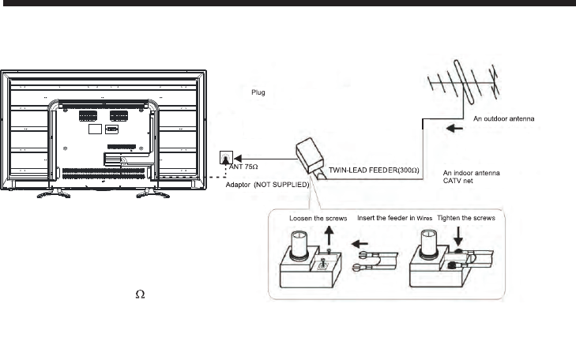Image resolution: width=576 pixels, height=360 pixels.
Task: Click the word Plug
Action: coord(257,92)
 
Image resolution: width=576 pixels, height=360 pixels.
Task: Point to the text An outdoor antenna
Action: coord(506,118)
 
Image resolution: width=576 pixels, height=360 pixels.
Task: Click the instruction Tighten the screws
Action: coord(462,218)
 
